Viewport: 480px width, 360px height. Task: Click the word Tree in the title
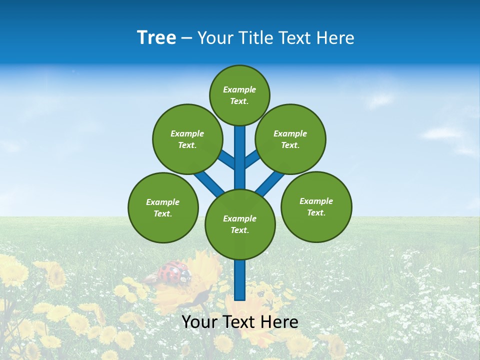pos(156,38)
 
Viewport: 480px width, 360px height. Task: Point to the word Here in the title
pos(336,38)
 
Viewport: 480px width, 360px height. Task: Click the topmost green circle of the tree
pos(239,95)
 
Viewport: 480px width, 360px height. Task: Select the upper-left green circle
pos(187,139)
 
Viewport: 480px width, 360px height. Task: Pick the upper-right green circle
pos(290,139)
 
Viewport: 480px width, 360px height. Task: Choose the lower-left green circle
pos(163,207)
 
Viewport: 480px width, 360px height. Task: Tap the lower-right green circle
pos(316,206)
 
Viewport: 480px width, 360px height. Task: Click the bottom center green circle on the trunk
pos(240,224)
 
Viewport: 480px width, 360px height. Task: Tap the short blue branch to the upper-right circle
pos(252,158)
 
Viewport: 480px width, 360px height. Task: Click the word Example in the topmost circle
pos(239,89)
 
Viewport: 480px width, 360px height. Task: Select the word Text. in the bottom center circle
pos(239,230)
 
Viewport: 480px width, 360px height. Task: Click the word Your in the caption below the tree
pos(199,322)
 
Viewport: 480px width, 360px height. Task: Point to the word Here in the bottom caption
pos(280,322)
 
